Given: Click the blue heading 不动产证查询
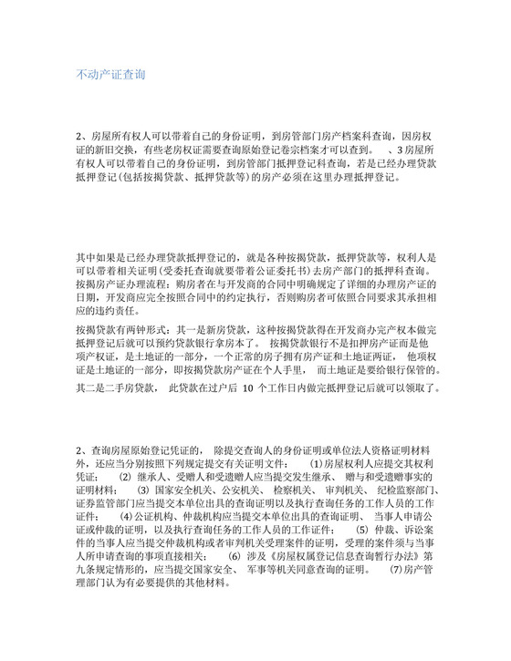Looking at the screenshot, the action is click(108, 72).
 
